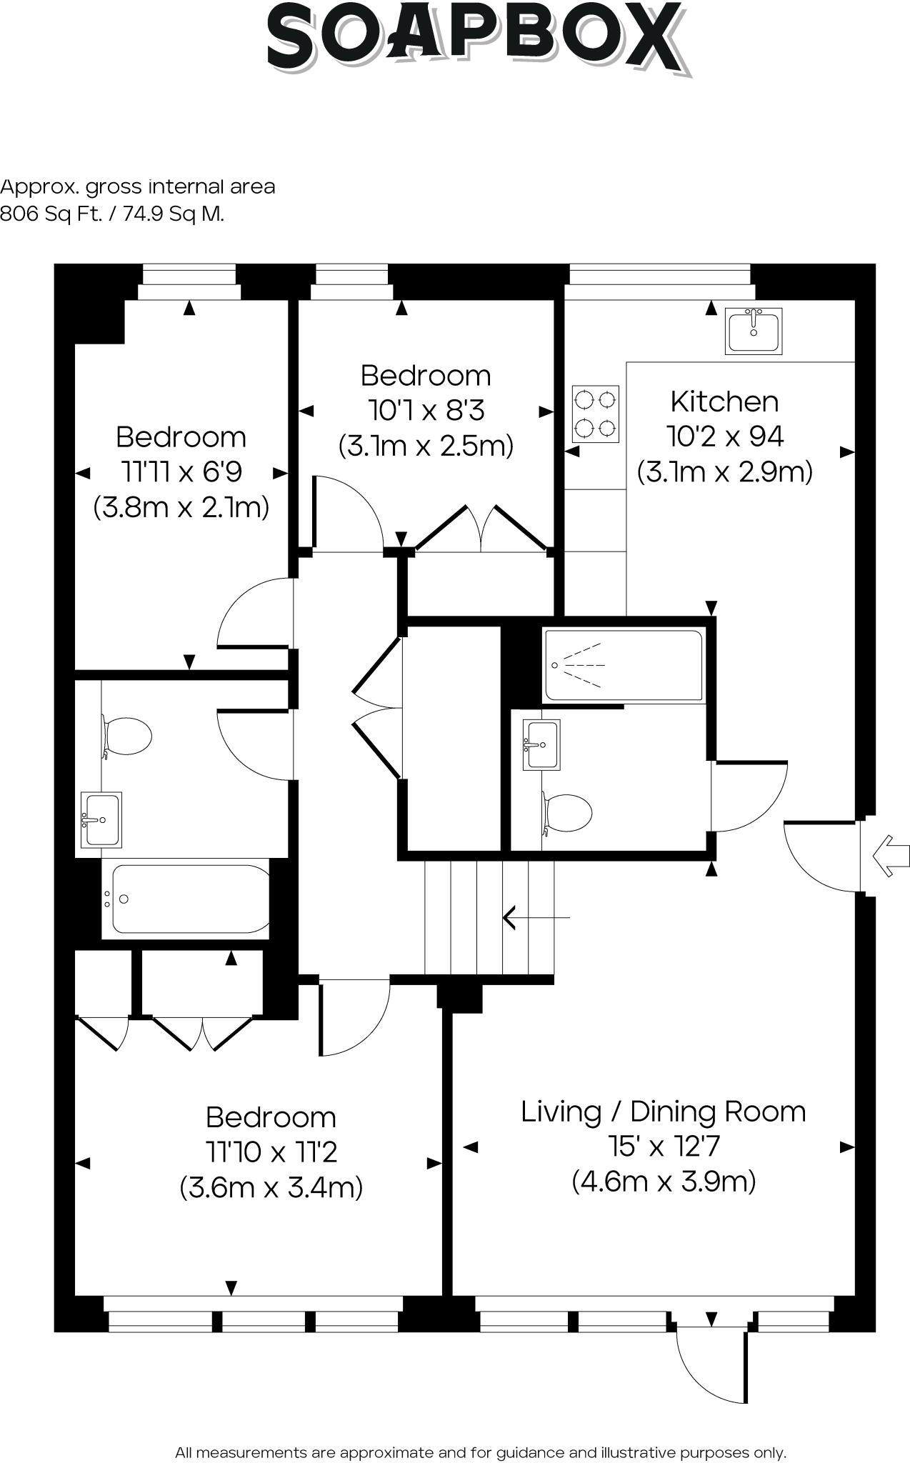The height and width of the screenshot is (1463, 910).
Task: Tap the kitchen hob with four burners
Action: [x=596, y=414]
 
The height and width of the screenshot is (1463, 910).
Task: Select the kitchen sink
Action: [x=754, y=331]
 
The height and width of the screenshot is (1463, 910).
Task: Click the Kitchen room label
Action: [x=724, y=401]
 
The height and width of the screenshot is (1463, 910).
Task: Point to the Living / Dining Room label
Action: [x=664, y=1112]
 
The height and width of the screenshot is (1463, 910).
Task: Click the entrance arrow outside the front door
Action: [x=891, y=855]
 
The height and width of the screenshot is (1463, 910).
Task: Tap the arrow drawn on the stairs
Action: [x=536, y=917]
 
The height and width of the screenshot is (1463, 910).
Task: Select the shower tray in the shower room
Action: [x=624, y=665]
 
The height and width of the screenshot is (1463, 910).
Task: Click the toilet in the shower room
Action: [x=567, y=813]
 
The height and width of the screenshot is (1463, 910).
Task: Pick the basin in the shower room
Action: [x=541, y=744]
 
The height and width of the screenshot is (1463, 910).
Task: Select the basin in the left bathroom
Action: [x=101, y=819]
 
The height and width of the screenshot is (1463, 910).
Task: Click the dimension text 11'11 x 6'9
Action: [x=181, y=472]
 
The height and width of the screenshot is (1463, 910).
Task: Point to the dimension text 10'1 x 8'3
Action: [x=426, y=411]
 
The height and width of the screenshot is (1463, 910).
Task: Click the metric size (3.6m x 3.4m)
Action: [x=271, y=1187]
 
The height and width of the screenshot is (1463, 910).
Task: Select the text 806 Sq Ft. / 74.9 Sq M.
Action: [x=112, y=214]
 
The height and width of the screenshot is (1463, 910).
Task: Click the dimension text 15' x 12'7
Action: [x=664, y=1147]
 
